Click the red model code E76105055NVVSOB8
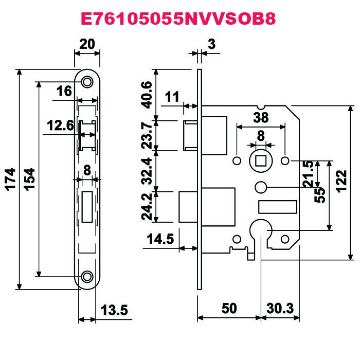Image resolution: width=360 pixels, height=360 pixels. [178, 19]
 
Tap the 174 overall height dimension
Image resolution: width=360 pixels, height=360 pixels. [10, 179]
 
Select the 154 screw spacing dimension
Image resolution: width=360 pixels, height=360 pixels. [29, 179]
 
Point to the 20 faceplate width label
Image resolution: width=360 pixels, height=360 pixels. [87, 44]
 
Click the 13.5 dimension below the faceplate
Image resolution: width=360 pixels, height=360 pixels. [114, 310]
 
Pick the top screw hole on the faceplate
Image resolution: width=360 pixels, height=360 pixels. [87, 81]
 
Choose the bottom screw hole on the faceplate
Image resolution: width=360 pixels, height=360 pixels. [87, 277]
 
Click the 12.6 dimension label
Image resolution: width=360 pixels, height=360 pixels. [60, 125]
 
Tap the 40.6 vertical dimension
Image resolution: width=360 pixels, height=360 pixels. [147, 95]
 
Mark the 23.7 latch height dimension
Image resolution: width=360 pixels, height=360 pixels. [147, 135]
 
